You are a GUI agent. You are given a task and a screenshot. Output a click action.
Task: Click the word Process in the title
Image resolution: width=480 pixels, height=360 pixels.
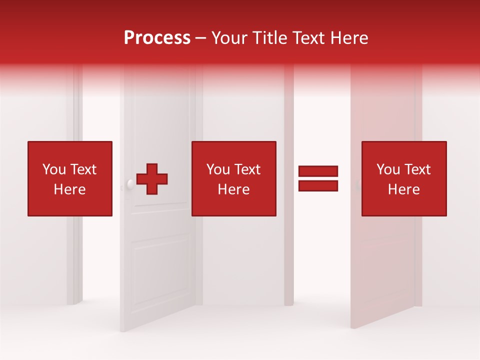[157, 38]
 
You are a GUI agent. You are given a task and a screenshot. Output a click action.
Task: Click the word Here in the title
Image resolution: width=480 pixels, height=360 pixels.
[350, 38]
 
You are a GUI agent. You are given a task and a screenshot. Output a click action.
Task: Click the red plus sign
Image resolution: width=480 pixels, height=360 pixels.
[152, 179]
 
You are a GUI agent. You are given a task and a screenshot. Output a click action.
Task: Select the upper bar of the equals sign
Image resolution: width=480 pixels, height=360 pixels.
[318, 171]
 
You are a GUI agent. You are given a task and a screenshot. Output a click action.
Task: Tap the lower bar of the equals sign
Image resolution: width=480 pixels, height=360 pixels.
[318, 186]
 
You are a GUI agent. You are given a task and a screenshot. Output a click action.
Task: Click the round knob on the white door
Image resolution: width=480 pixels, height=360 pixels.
[130, 184]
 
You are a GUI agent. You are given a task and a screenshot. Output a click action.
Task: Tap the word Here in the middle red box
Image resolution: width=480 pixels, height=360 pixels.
[234, 189]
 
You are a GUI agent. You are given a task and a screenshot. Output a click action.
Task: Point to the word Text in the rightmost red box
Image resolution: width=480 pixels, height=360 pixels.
[417, 169]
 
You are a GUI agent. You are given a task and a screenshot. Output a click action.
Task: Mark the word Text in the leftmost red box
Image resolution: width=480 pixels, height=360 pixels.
[83, 169]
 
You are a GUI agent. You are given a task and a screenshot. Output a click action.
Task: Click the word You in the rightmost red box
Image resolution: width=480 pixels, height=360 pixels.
[388, 169]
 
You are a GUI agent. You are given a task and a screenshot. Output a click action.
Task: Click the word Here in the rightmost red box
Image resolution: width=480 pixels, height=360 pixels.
[404, 189]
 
